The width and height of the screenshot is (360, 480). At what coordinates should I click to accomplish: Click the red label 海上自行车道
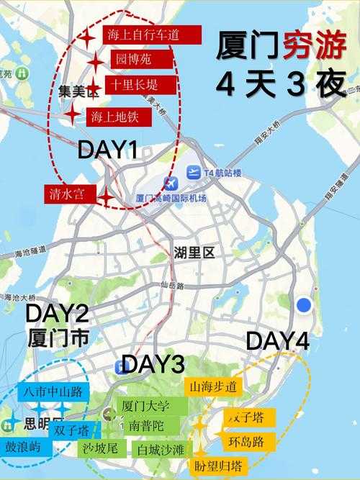coord(142,34)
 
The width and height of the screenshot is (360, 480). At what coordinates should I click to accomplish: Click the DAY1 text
coord(107,150)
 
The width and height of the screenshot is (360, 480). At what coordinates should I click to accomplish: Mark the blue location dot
coord(304,304)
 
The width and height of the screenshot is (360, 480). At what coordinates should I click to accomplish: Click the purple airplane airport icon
coord(170,184)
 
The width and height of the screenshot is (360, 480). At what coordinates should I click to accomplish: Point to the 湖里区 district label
coord(194,253)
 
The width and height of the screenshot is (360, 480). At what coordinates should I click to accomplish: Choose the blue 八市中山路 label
coord(52,393)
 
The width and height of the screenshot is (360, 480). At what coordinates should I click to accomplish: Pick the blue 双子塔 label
coord(74,430)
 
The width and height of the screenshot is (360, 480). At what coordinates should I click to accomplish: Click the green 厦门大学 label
coord(145,405)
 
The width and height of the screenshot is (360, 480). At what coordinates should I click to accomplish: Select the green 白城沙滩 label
coord(161,450)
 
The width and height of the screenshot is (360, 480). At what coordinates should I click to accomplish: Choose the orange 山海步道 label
coord(212,386)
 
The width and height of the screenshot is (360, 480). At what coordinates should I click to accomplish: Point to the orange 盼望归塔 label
coord(218,464)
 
